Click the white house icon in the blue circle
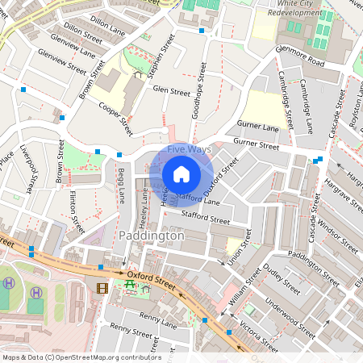tap(181, 173)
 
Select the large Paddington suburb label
tap(151, 236)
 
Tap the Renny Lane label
tap(157, 320)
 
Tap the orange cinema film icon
tap(102, 287)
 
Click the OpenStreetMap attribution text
tap(81, 357)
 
